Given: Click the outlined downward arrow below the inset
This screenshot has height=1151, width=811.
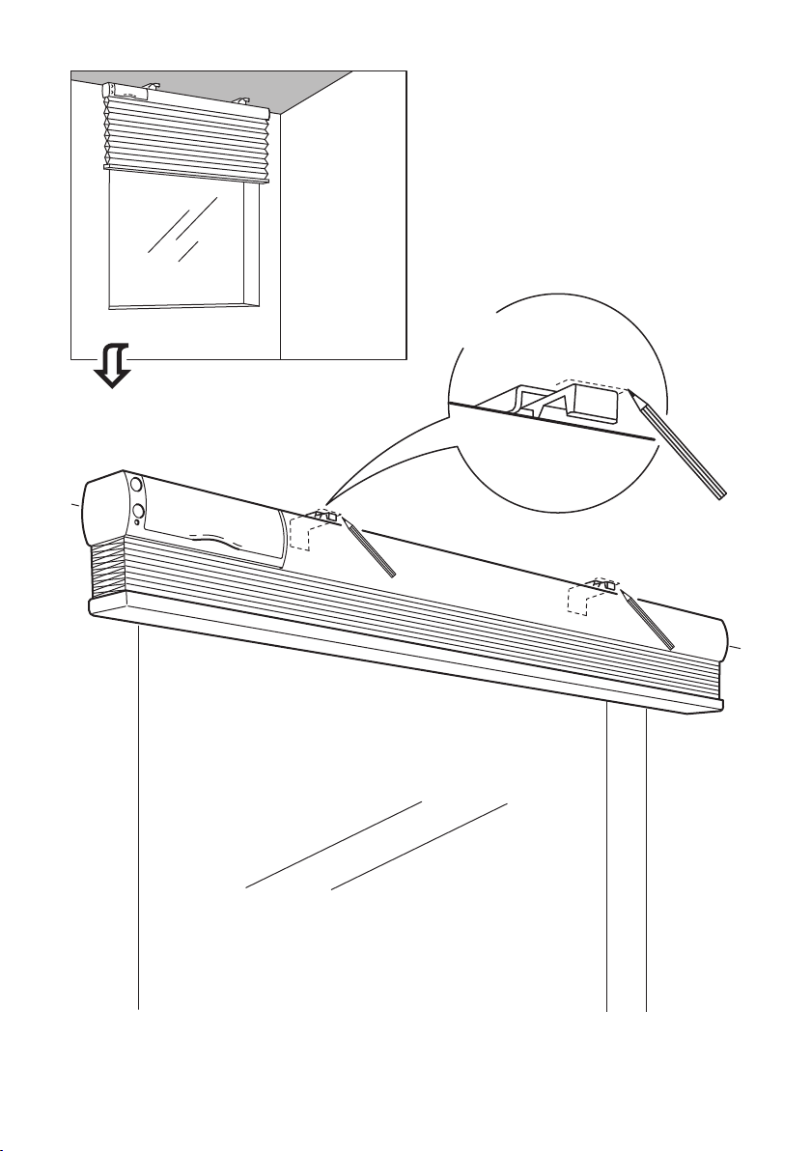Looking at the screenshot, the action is coord(113,371).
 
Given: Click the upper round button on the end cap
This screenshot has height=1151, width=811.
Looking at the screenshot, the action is coord(136,486).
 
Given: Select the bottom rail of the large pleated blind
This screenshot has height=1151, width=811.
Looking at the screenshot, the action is coord(405,657).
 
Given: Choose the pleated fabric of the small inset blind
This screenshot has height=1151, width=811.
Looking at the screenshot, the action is coord(183,135).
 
